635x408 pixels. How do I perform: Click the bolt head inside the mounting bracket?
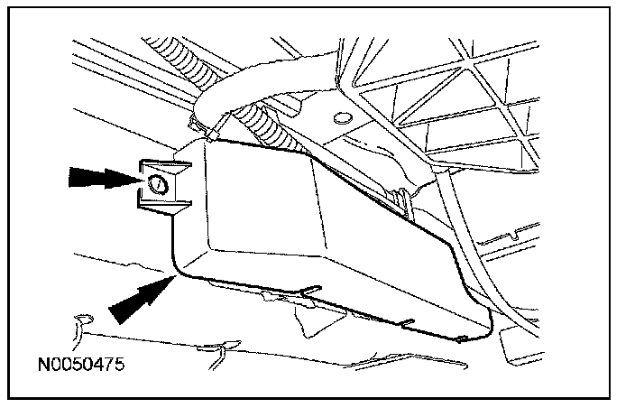[154, 185]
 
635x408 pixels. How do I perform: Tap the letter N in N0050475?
[42, 366]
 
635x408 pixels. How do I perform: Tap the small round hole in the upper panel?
[340, 117]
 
